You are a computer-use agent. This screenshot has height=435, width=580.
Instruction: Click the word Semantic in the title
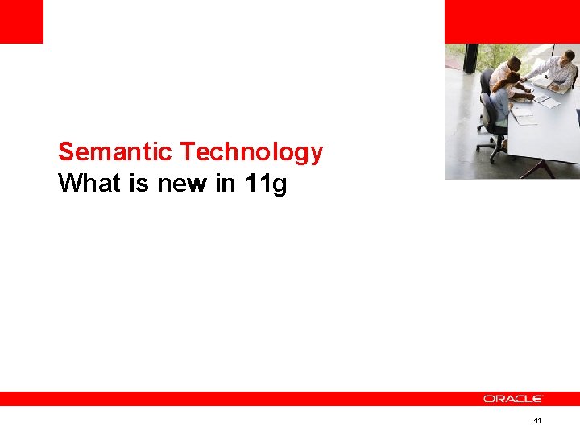[x=115, y=151]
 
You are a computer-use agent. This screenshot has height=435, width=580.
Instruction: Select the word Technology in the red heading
[x=251, y=151]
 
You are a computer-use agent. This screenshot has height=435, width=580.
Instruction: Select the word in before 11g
[x=226, y=184]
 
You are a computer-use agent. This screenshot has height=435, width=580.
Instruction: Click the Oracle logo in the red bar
[x=513, y=399]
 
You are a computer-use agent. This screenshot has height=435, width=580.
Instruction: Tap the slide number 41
[x=537, y=421]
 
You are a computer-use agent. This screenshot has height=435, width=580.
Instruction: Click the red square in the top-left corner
[x=21, y=21]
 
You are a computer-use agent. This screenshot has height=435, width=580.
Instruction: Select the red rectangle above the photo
[x=512, y=21]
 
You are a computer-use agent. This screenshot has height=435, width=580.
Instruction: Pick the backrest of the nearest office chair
[x=488, y=113]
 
